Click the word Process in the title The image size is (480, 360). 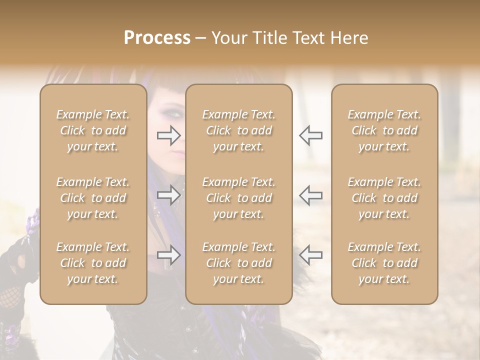click(157, 38)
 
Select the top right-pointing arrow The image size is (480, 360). click(169, 135)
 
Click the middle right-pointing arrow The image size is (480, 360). click(169, 195)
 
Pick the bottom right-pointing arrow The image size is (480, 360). click(169, 255)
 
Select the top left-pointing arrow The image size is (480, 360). click(310, 135)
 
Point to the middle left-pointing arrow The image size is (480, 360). click(310, 195)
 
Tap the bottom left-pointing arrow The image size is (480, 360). click(310, 255)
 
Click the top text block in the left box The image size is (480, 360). click(93, 130)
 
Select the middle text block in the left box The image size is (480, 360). click(93, 198)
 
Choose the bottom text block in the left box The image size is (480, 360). click(93, 263)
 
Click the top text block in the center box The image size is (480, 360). click(239, 130)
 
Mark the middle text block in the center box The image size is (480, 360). click(239, 198)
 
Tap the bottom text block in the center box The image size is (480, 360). click(239, 263)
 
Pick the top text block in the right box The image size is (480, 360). click(384, 130)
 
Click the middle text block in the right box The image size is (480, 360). click(384, 198)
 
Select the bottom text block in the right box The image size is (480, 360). click(384, 263)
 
